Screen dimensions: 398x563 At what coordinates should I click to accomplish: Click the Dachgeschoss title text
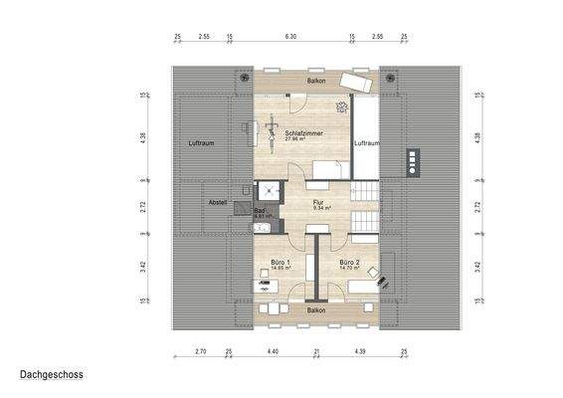[x=51, y=376]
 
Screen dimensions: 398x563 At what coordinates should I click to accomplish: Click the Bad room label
[x=260, y=211]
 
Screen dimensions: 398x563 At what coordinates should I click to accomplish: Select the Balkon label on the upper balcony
[x=316, y=79]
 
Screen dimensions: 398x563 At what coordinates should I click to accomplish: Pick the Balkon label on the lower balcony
[x=316, y=310]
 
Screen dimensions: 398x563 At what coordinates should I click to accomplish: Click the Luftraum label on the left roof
[x=202, y=143]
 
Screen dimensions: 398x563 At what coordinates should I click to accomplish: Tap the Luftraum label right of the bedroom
[x=367, y=143]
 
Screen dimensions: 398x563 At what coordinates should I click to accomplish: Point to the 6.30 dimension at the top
[x=290, y=36]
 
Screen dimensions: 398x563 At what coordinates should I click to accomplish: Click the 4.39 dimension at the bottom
[x=360, y=353]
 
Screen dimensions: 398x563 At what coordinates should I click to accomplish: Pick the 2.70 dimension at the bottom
[x=199, y=353]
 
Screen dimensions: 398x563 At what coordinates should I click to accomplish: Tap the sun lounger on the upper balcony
[x=356, y=82]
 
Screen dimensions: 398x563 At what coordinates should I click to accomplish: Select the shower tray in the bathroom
[x=268, y=191]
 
